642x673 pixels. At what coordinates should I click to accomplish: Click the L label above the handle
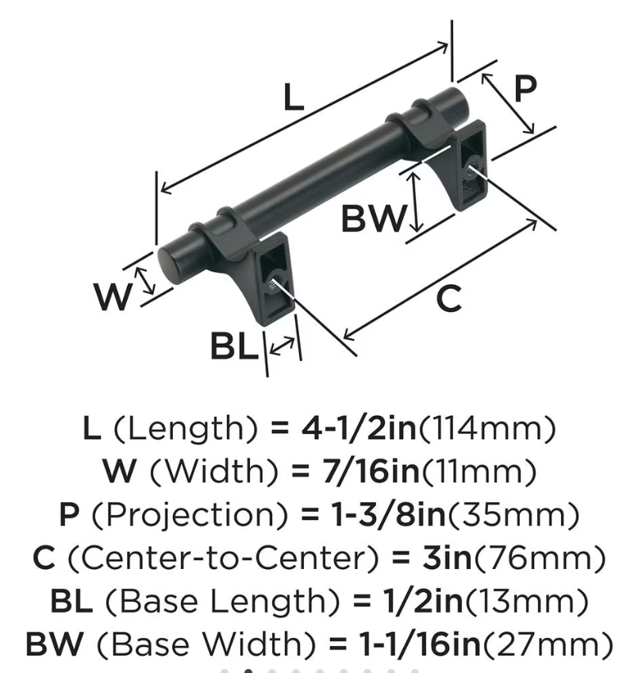(294, 98)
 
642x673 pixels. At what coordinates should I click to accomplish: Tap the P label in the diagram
(525, 88)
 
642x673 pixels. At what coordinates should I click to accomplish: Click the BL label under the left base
(235, 347)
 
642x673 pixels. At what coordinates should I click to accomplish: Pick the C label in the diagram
(449, 298)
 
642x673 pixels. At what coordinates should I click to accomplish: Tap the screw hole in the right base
(471, 166)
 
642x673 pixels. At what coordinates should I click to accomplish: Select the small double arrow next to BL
(283, 346)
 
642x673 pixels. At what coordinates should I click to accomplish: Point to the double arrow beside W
(145, 281)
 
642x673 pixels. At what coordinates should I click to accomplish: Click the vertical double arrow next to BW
(415, 202)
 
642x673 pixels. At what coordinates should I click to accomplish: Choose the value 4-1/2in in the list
(359, 429)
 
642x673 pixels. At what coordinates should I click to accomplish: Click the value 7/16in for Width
(371, 471)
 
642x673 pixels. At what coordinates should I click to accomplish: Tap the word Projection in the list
(189, 516)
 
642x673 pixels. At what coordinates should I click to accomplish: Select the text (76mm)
(539, 558)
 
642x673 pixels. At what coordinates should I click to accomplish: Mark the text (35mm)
(513, 515)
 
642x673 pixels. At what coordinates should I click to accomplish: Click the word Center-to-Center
(224, 558)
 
